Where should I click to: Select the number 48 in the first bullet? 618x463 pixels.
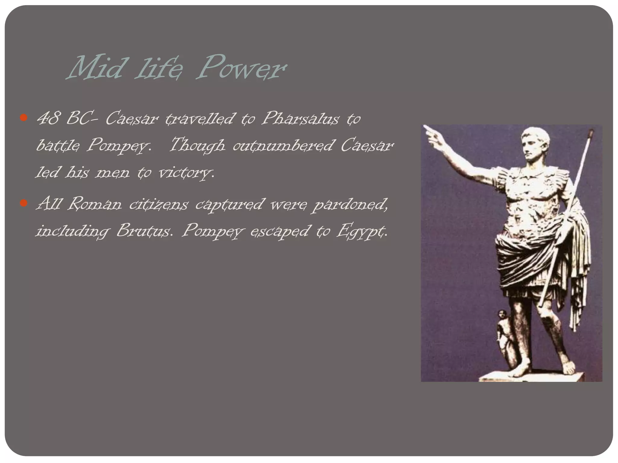click(47, 118)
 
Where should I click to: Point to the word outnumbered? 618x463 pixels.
click(283, 146)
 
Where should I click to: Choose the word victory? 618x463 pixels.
click(186, 173)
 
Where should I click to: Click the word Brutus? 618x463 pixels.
click(145, 231)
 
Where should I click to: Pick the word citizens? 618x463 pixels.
click(159, 204)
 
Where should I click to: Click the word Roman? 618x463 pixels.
click(94, 204)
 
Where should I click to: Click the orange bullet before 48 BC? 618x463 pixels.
click(24, 117)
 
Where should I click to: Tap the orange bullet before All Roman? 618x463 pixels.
click(24, 203)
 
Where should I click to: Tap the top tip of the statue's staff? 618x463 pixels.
click(591, 131)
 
